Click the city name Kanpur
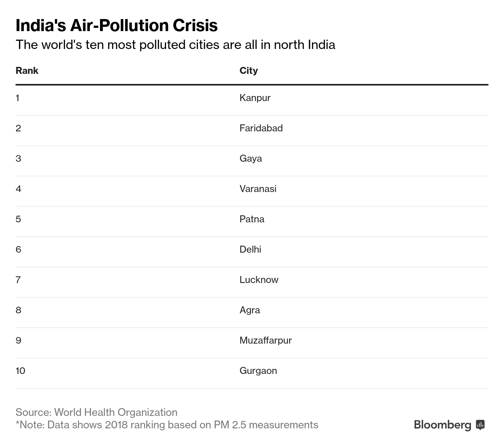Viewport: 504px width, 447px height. pyautogui.click(x=255, y=98)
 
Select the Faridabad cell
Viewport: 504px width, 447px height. pyautogui.click(x=261, y=128)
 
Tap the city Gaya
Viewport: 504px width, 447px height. pyautogui.click(x=250, y=159)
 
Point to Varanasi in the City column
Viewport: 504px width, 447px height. pyautogui.click(x=258, y=189)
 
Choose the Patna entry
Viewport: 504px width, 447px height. pyautogui.click(x=252, y=219)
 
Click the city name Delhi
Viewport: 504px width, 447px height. pyautogui.click(x=250, y=250)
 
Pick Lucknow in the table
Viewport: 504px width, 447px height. pyautogui.click(x=259, y=280)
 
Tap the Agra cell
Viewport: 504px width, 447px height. pyautogui.click(x=250, y=310)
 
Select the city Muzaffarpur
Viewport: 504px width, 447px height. pyautogui.click(x=266, y=340)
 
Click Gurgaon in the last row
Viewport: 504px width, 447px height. pyautogui.click(x=258, y=371)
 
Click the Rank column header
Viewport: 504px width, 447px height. pyautogui.click(x=27, y=71)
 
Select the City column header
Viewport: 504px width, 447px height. pyautogui.click(x=248, y=71)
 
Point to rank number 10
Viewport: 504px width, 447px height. pyautogui.click(x=20, y=371)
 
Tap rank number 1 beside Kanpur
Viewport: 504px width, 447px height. pyautogui.click(x=17, y=98)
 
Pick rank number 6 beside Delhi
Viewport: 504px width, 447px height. pyautogui.click(x=18, y=250)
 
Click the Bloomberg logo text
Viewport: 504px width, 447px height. pyautogui.click(x=443, y=424)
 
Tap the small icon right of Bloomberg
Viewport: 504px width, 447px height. pyautogui.click(x=480, y=424)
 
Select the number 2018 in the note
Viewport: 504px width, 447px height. pyautogui.click(x=116, y=425)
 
